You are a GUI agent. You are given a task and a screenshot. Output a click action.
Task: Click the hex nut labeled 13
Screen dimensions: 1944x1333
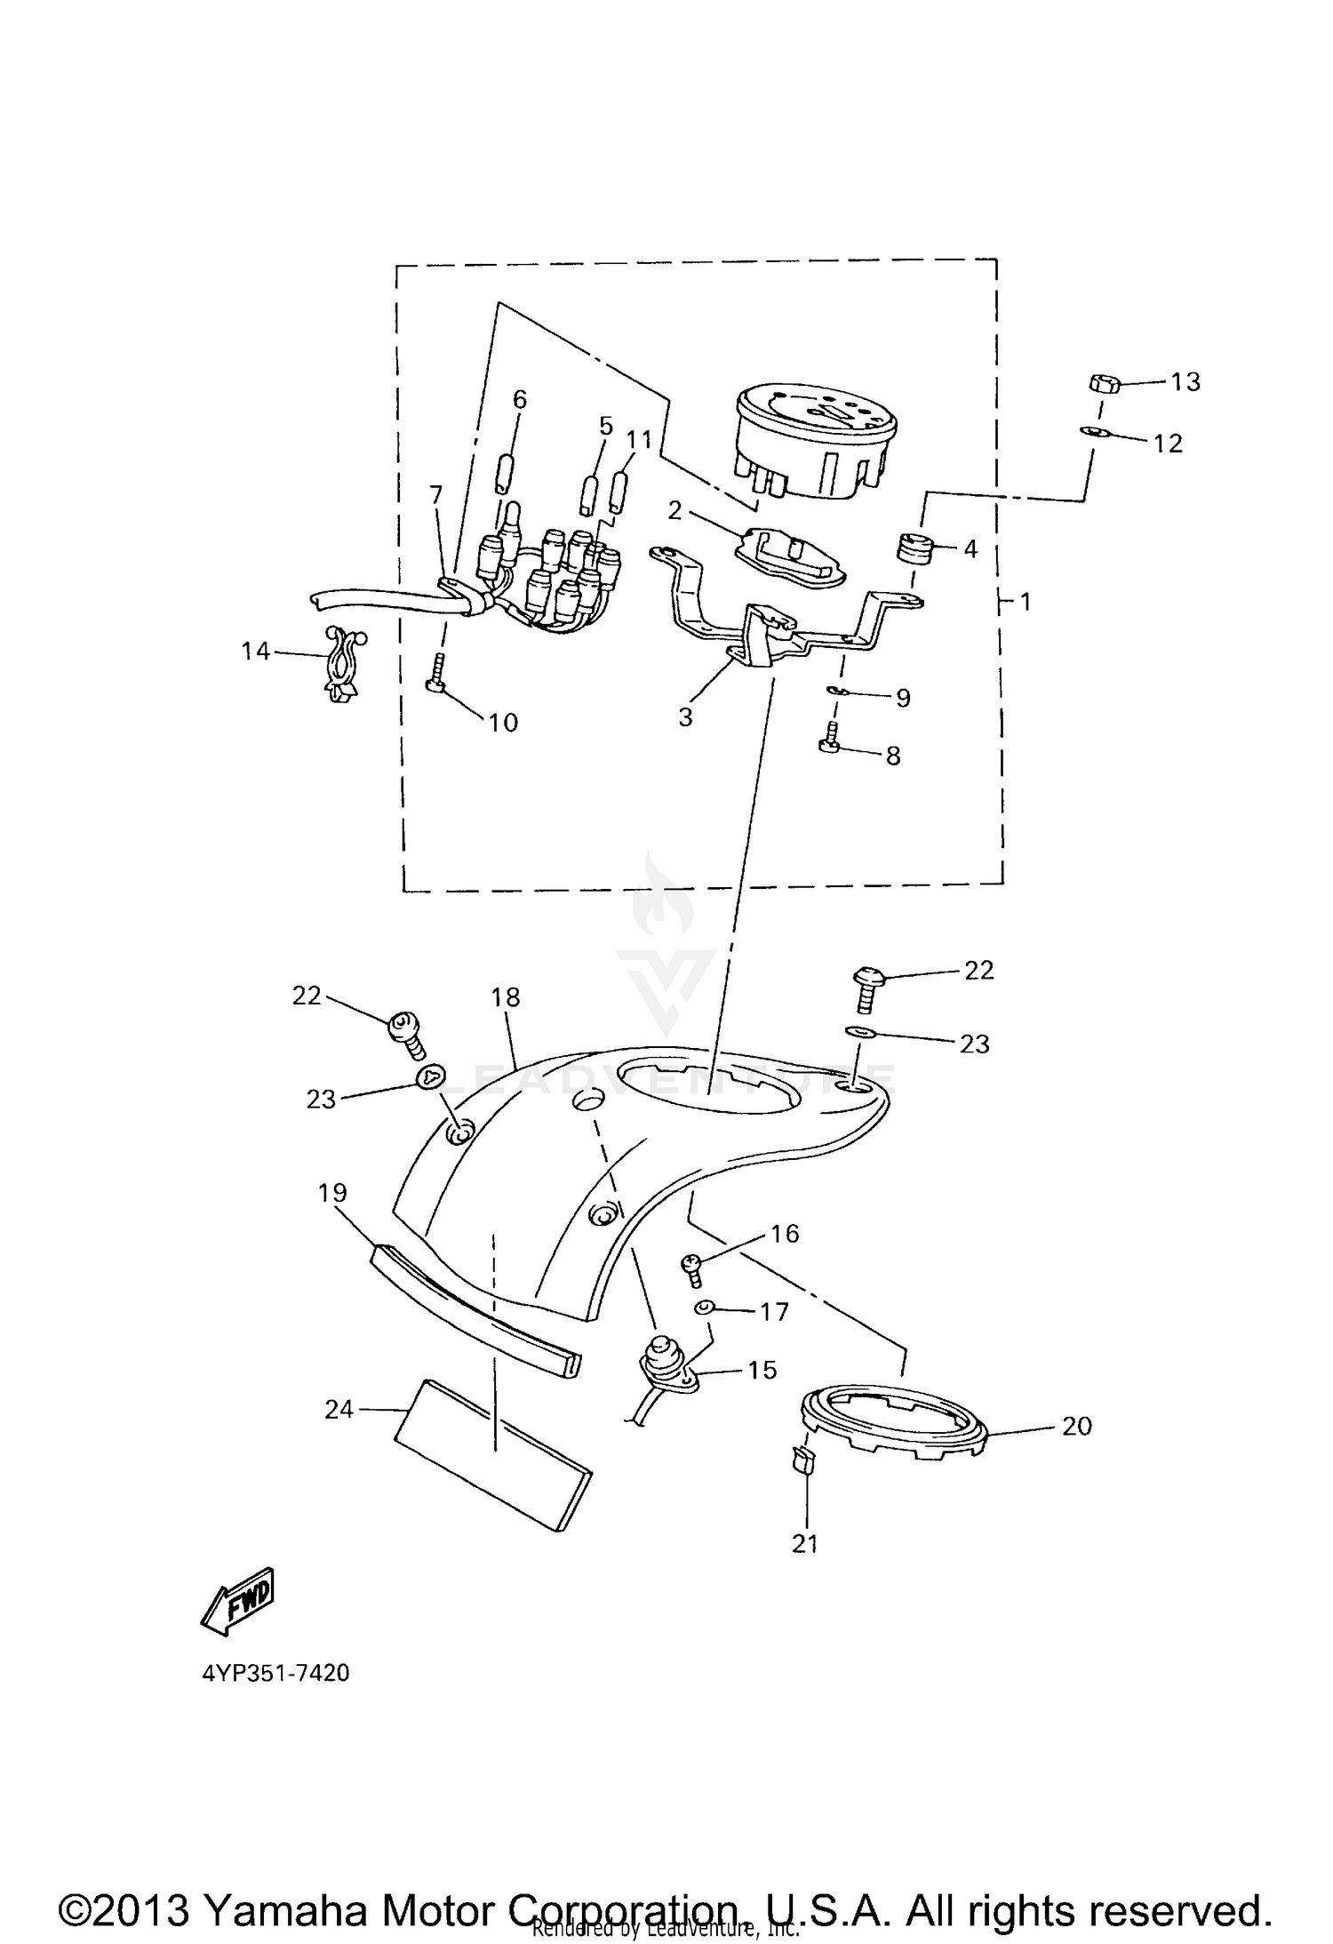(x=1102, y=384)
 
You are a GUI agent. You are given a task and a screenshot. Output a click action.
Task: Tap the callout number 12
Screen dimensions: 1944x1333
(x=1168, y=444)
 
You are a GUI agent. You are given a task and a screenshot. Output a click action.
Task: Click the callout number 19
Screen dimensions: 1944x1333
(x=332, y=1192)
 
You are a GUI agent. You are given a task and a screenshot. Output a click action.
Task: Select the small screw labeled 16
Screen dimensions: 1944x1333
(x=692, y=1265)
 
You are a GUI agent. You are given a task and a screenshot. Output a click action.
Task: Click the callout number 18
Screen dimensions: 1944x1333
(x=505, y=997)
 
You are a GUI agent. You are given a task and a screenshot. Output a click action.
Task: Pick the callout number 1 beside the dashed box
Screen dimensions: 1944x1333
(x=1026, y=602)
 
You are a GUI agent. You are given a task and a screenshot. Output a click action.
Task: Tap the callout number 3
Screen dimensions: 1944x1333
(x=685, y=716)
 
